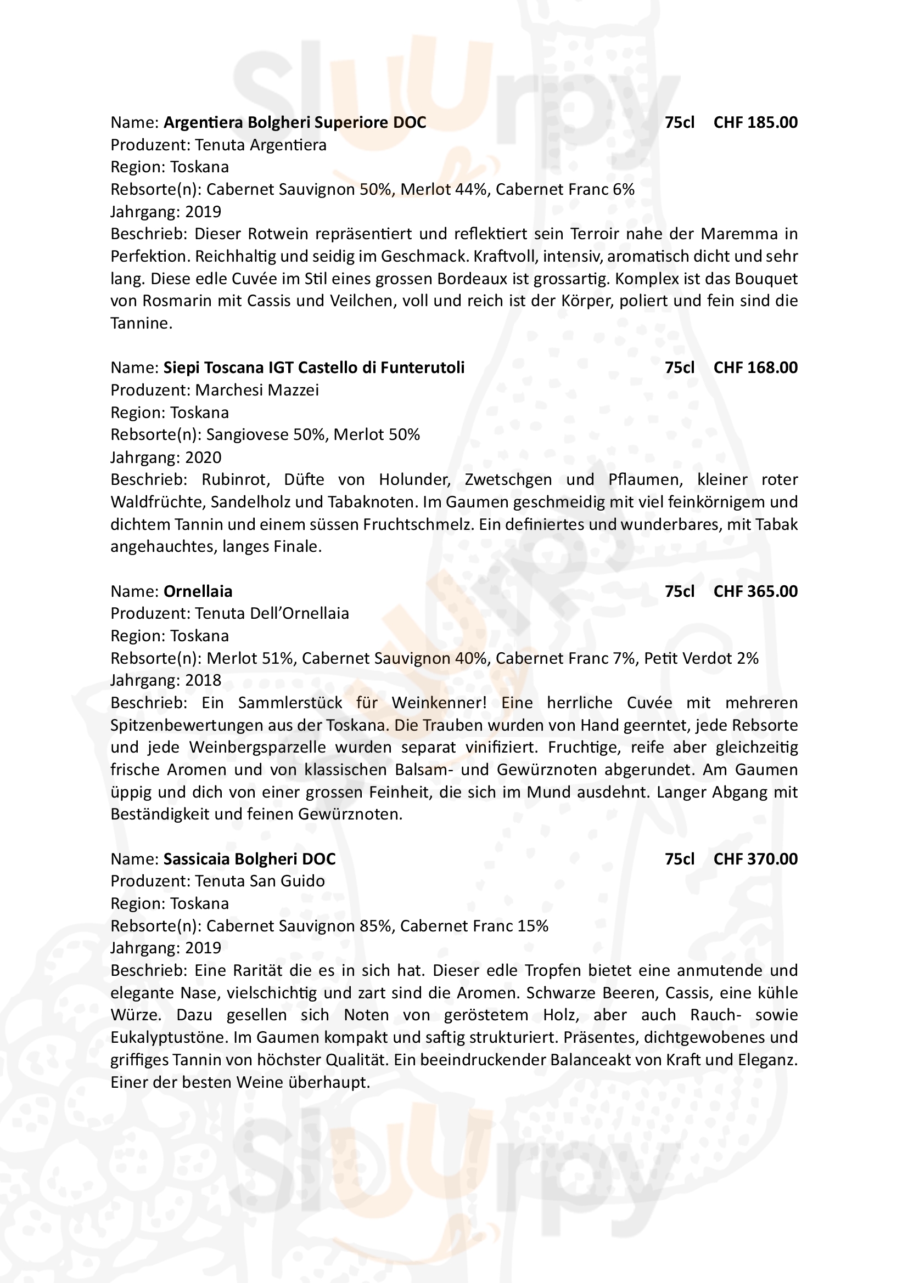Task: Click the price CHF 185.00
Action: (755, 122)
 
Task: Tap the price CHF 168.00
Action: (755, 368)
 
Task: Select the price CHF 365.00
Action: (755, 591)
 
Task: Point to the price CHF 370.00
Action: (755, 859)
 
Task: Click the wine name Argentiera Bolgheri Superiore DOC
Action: (295, 122)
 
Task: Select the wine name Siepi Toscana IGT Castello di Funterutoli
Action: (313, 368)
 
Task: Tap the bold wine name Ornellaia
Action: (198, 591)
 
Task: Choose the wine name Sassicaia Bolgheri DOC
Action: (249, 859)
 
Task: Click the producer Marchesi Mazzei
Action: (256, 390)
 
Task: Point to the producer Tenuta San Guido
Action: (260, 881)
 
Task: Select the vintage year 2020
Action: (204, 457)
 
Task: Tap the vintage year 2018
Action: (204, 681)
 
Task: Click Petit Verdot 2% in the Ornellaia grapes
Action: (701, 658)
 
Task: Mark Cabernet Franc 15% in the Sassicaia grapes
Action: (474, 926)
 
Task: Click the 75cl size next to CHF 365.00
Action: (679, 591)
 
